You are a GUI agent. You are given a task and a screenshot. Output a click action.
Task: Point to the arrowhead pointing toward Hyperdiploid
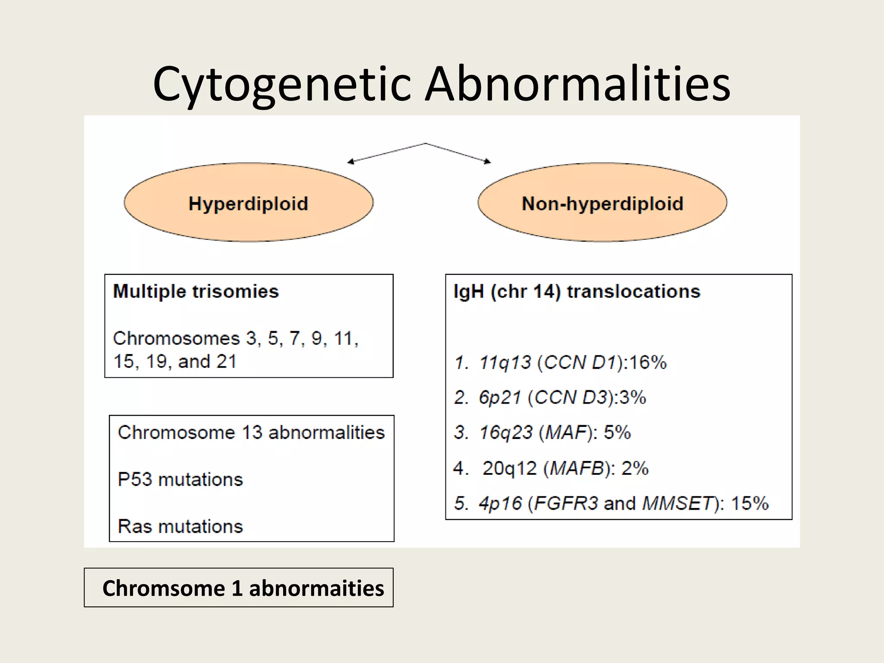pos(350,162)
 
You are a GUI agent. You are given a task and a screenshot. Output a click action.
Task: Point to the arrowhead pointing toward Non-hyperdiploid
pos(488,162)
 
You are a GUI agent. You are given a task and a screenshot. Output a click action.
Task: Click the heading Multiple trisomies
pos(196,291)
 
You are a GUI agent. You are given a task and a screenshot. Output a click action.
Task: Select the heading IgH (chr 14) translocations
pos(577,291)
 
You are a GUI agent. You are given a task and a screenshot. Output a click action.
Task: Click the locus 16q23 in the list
pos(505,433)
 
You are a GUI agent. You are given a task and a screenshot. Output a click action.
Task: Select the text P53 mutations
pos(180,480)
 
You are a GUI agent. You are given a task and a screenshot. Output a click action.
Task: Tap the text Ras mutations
pos(180,527)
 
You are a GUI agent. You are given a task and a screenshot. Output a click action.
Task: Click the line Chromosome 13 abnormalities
pos(251,433)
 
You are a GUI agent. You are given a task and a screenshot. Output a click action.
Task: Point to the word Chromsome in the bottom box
pos(164,588)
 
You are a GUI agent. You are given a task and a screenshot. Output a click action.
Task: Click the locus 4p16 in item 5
pos(500,503)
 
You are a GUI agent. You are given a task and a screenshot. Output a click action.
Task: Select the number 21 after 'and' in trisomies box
pos(227,362)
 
